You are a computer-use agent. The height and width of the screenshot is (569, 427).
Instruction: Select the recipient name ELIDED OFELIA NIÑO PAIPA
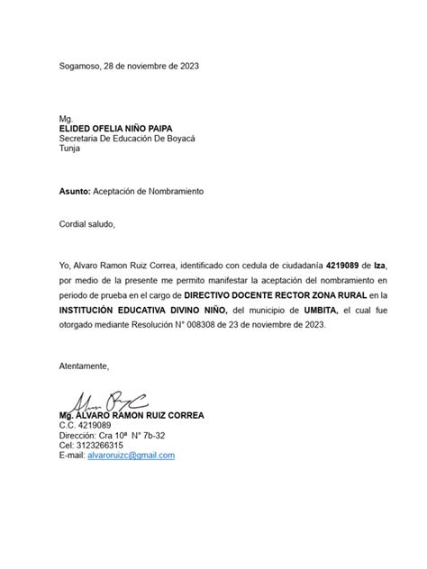tap(116, 129)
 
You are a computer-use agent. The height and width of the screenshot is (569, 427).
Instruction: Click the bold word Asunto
tap(74, 192)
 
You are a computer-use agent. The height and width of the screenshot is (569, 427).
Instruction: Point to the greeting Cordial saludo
tap(87, 224)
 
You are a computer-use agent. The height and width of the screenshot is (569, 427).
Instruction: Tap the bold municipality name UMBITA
tap(319, 309)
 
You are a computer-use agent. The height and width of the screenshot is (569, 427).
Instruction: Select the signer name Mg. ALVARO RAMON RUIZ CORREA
tap(132, 416)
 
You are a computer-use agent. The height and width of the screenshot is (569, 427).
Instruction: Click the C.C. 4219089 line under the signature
tap(85, 426)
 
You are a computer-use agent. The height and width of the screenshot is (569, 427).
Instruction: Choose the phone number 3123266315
tap(102, 446)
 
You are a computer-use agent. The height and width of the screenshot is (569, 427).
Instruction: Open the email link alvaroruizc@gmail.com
tap(132, 456)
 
